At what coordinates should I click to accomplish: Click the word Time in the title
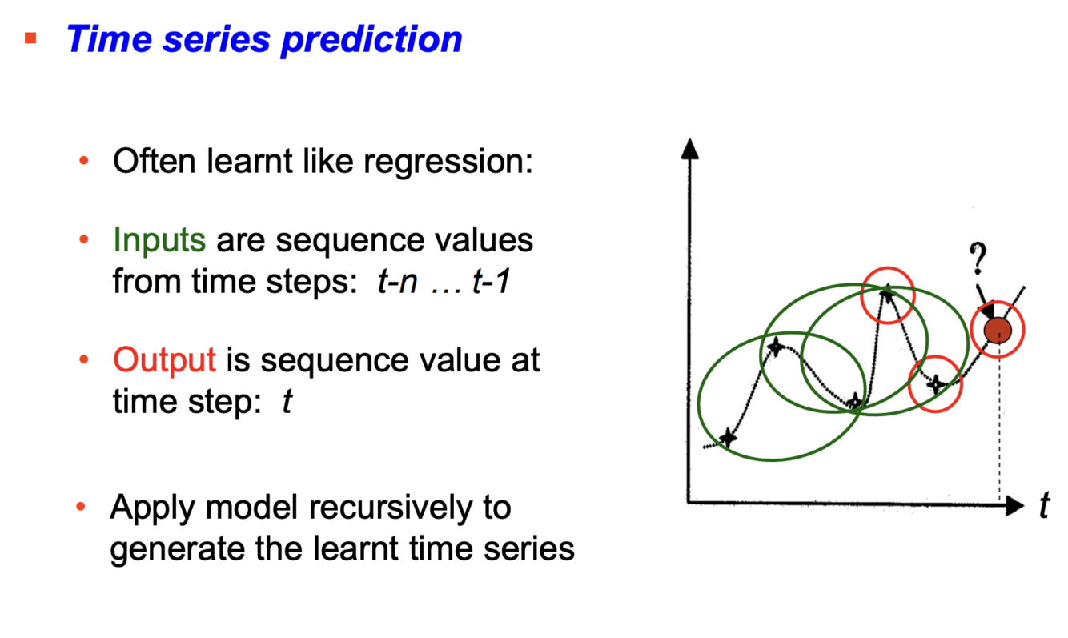click(109, 38)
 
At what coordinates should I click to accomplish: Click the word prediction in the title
click(371, 40)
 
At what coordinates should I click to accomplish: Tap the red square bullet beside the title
click(30, 38)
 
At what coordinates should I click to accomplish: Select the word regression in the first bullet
click(448, 163)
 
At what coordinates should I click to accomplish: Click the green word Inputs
click(159, 241)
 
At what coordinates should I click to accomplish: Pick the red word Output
click(164, 359)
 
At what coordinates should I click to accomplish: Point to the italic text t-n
click(397, 281)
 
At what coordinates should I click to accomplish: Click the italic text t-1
click(492, 281)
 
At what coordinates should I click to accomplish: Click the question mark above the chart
click(978, 259)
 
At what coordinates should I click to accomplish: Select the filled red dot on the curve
click(998, 330)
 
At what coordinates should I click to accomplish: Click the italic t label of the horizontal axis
click(1044, 504)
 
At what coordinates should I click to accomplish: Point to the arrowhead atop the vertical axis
click(689, 149)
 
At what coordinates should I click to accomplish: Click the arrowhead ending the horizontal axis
click(1015, 505)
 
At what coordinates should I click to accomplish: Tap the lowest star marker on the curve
click(728, 437)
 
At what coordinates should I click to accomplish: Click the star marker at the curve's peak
click(887, 293)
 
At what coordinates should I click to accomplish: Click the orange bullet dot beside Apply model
click(81, 507)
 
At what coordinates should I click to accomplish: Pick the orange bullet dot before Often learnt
click(84, 161)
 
